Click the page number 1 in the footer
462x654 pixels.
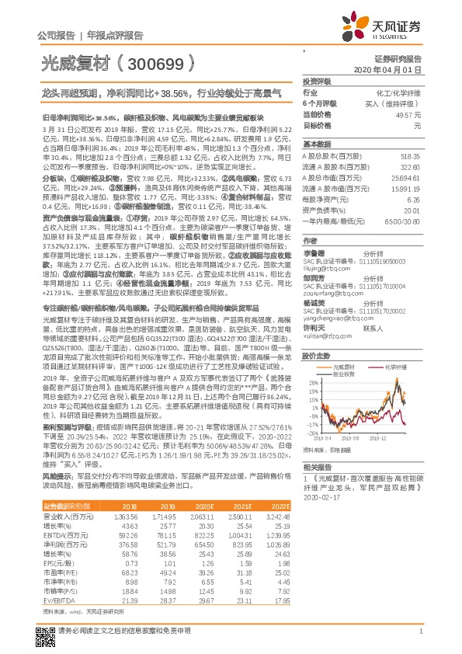point(420,633)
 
